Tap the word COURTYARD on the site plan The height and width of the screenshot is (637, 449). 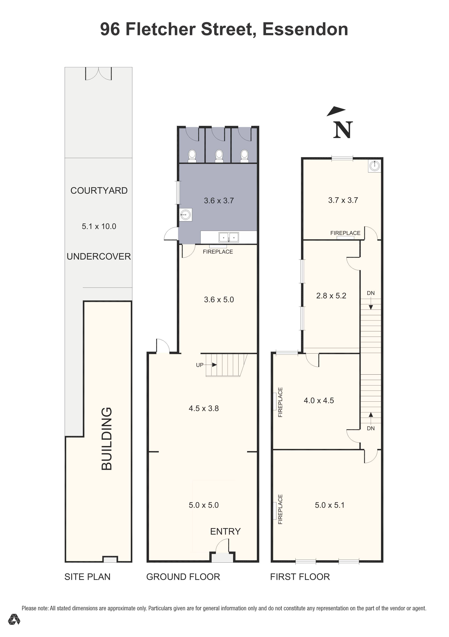coord(99,191)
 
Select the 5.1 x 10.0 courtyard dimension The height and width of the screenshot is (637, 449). coord(99,226)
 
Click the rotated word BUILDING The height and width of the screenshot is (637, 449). coord(107,439)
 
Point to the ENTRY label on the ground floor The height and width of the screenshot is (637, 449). coord(225,531)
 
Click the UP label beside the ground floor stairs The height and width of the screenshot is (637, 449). coord(200,365)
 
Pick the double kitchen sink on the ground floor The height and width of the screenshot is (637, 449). coord(229,238)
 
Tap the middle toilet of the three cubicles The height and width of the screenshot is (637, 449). coord(219,156)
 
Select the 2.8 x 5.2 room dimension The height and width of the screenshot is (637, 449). coord(331,296)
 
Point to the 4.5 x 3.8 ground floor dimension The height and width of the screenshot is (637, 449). coord(204,408)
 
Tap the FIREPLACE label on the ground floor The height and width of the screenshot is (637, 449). coord(218,252)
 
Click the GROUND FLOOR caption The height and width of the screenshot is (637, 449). coord(183,577)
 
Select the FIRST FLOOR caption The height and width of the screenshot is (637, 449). coord(300,577)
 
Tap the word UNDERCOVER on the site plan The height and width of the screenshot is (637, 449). coord(99,256)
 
